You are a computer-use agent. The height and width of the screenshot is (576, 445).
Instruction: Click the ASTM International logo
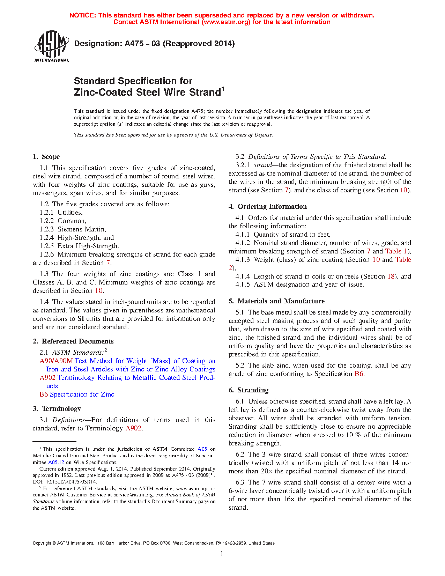click(x=52, y=46)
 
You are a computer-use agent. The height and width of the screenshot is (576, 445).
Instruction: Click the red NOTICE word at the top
click(x=82, y=15)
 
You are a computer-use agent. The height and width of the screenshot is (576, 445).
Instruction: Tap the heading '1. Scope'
click(x=46, y=157)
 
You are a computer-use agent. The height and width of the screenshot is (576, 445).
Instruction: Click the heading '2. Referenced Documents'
click(x=73, y=341)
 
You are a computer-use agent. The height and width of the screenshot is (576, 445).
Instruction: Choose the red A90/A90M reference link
click(x=56, y=361)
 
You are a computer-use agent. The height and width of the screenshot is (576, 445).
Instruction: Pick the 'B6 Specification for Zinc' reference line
click(x=77, y=394)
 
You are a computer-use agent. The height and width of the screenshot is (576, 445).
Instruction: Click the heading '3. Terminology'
click(x=57, y=409)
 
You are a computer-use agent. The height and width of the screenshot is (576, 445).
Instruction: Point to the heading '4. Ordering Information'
click(x=268, y=207)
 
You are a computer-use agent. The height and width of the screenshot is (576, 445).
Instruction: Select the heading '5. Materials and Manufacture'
click(x=276, y=301)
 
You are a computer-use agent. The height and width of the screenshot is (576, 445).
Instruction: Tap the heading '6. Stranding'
click(x=249, y=390)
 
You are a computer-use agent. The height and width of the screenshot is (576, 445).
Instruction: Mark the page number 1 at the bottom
click(x=222, y=553)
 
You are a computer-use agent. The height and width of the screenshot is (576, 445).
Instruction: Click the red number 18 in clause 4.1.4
click(x=391, y=276)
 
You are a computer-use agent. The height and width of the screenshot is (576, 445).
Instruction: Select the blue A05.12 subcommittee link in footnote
click(x=56, y=462)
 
